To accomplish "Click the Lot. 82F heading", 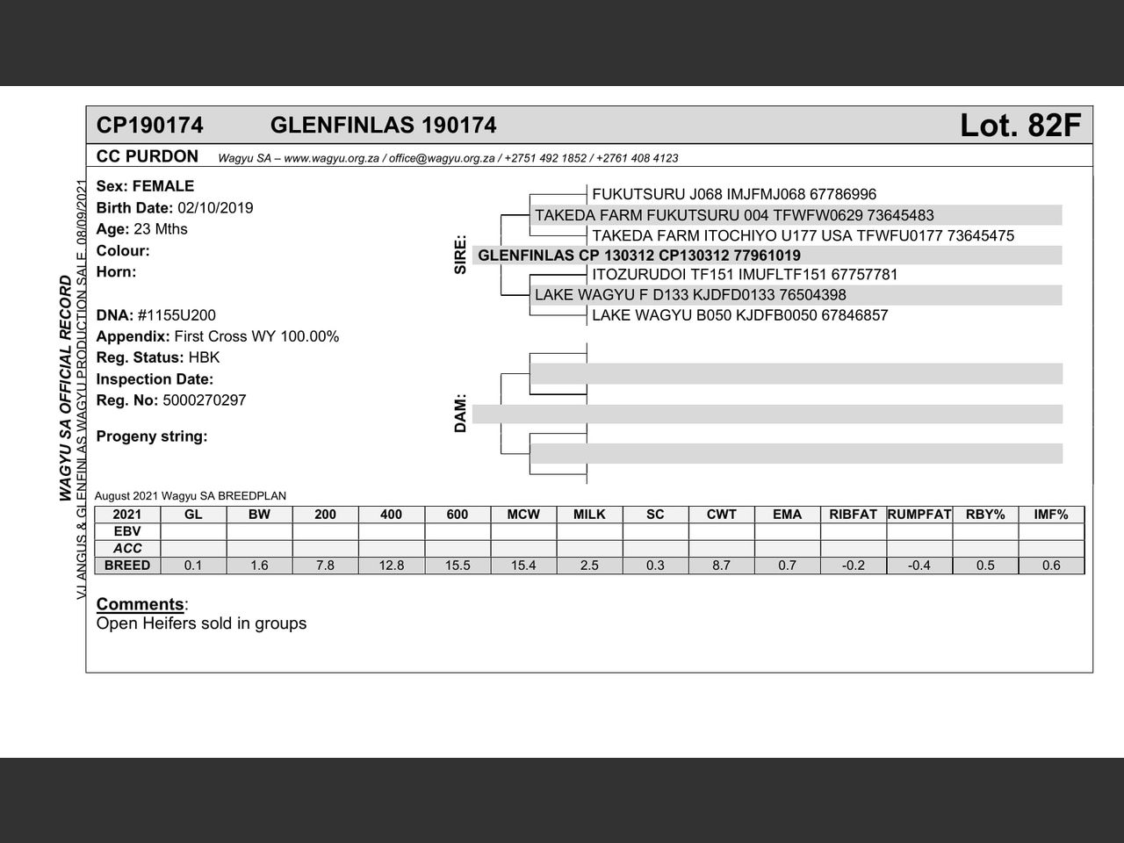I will click(x=1020, y=126).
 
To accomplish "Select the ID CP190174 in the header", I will click(x=149, y=126).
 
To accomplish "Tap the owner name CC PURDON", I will click(x=148, y=157).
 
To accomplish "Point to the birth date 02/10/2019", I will click(x=215, y=208).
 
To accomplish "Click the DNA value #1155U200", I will click(x=177, y=315).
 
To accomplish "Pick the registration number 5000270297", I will click(x=205, y=400).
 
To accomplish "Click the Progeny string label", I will click(x=152, y=436).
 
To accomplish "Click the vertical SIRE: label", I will click(x=460, y=255).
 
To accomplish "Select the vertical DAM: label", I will click(x=460, y=414).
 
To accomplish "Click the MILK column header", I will click(x=589, y=515).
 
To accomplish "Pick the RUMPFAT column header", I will click(x=919, y=515).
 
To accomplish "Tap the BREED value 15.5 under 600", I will click(x=458, y=566).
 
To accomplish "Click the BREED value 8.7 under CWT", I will click(x=721, y=566).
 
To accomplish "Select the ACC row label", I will click(x=127, y=548).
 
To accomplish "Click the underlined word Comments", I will click(x=140, y=604).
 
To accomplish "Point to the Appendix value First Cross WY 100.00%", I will click(x=256, y=336).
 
